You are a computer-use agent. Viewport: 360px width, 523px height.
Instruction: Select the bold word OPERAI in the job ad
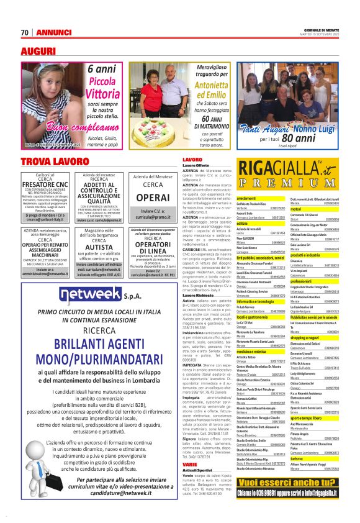tap(153, 196)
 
